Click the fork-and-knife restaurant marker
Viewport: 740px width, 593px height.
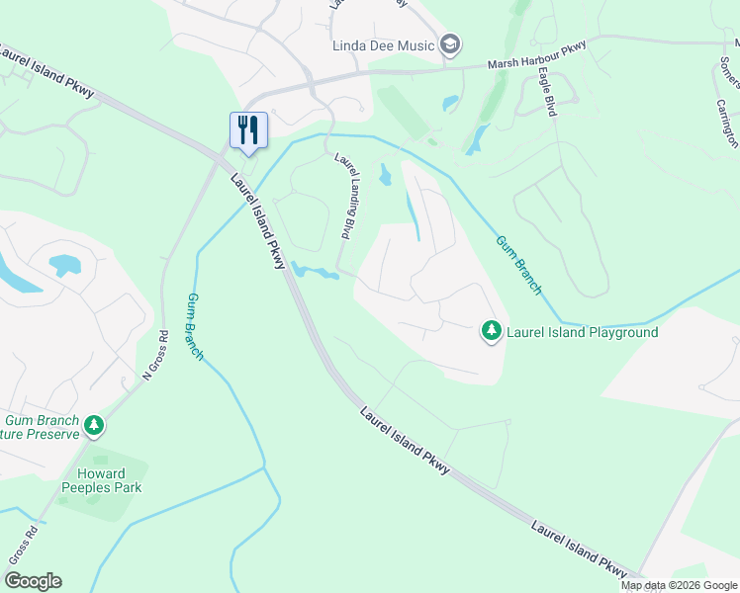(x=248, y=129)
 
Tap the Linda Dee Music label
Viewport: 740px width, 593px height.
(x=390, y=44)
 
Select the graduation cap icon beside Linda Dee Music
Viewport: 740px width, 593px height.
(x=451, y=44)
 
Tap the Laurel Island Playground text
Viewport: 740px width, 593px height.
(x=582, y=332)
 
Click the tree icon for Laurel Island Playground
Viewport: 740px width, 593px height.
(x=491, y=331)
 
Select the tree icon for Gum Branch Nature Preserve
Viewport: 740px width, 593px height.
(x=94, y=426)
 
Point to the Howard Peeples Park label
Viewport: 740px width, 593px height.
(x=101, y=479)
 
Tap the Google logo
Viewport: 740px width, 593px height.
(x=33, y=581)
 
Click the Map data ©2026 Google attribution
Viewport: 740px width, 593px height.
(x=680, y=585)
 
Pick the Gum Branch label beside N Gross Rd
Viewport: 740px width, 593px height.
(x=195, y=326)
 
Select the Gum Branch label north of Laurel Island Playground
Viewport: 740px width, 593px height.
(x=517, y=265)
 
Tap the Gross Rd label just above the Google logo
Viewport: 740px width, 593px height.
(x=24, y=545)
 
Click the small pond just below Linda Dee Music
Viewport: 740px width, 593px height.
(x=451, y=102)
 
